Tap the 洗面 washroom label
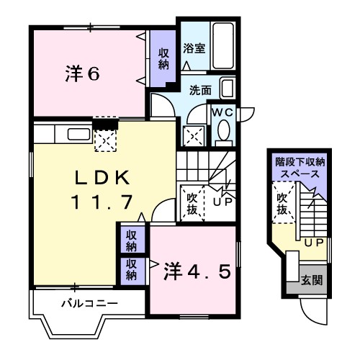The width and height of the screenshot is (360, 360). click(199, 91)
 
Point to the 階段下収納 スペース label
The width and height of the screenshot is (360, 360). click(300, 168)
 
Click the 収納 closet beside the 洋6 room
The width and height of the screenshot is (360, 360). click(163, 58)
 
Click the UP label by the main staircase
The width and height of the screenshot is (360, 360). click(222, 202)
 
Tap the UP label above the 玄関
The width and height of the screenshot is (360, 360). click(314, 242)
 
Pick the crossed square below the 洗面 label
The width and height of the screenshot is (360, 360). click(194, 135)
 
